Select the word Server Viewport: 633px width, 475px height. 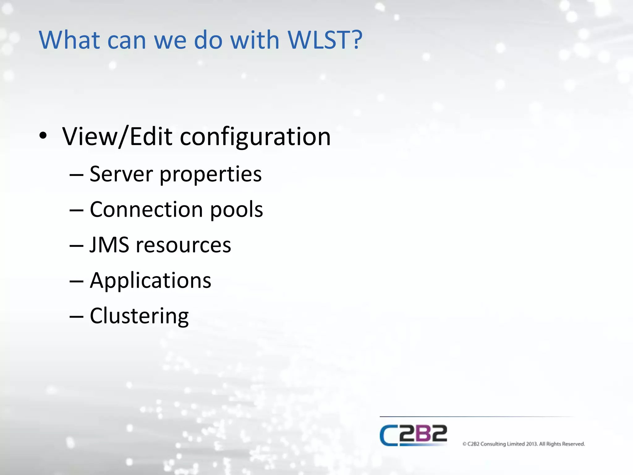[121, 174]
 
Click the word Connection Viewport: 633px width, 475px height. [146, 209]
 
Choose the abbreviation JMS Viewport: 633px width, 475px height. [109, 245]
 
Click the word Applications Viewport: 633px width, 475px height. [151, 281]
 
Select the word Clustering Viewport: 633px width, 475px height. [139, 316]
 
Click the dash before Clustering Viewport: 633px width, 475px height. [76, 317]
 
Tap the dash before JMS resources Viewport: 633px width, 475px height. [76, 246]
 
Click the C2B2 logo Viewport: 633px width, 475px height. [413, 435]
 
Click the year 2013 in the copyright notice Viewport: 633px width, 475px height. [532, 444]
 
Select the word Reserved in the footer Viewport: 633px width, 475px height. [573, 444]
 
